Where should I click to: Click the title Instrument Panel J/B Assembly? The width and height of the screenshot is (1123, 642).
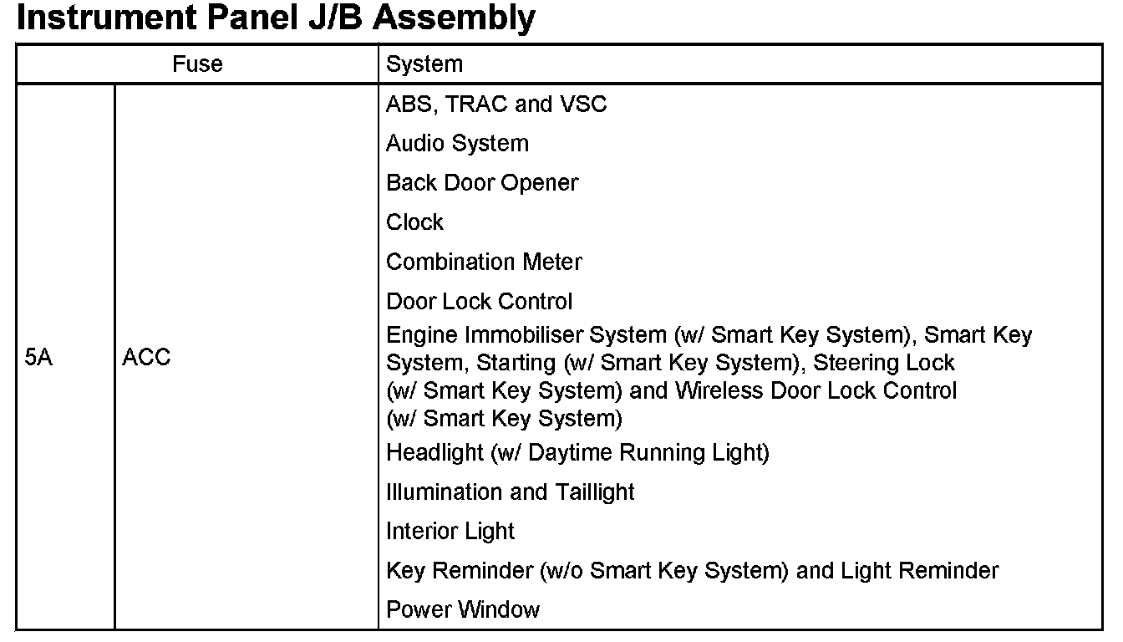[276, 18]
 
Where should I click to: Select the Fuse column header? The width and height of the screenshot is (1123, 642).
[197, 64]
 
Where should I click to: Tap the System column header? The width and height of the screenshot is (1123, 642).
[424, 64]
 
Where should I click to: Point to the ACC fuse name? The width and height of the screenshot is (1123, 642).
[146, 358]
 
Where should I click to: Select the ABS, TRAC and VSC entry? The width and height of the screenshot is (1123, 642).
[496, 104]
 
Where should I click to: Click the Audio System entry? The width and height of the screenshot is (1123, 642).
[457, 144]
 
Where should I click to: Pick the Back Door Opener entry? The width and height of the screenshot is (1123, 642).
[482, 183]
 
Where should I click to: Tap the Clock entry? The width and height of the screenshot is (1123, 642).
[414, 222]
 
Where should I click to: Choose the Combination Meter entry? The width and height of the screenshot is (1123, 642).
[484, 262]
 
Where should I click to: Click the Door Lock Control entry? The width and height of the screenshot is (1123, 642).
[480, 301]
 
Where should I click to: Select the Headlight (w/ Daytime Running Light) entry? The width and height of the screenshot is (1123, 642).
[577, 453]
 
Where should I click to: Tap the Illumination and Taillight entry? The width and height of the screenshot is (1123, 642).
[511, 492]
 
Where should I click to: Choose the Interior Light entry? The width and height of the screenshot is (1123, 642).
[450, 532]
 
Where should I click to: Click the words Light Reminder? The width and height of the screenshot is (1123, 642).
[919, 571]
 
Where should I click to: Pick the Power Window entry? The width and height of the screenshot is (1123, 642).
[463, 610]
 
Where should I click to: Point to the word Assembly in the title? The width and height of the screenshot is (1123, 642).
[454, 18]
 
